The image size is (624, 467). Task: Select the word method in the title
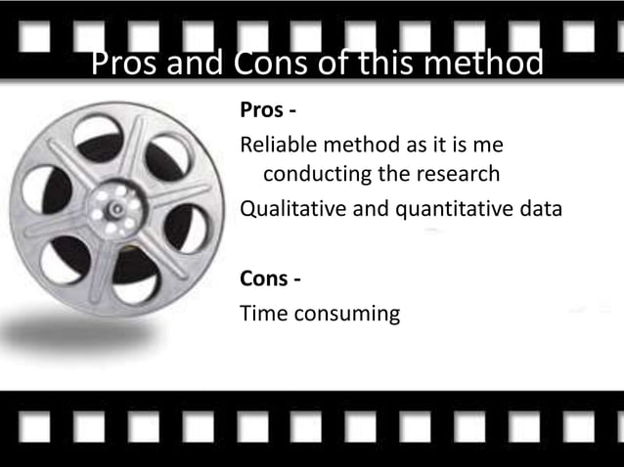tap(482, 64)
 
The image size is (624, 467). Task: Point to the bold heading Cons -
tap(270, 279)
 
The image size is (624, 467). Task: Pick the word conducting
tap(317, 175)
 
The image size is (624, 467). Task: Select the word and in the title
tap(196, 64)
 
